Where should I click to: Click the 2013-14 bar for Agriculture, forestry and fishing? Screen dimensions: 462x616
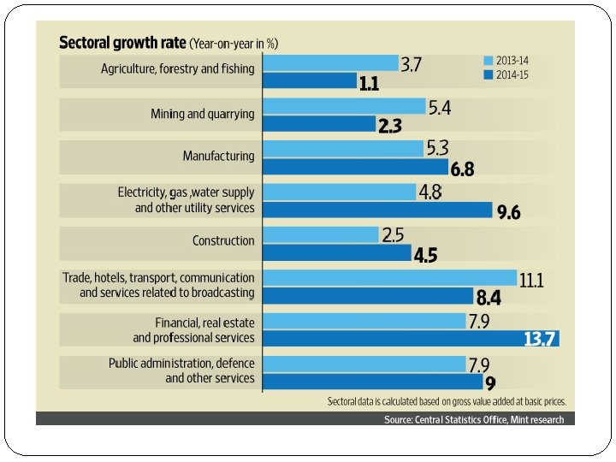tap(330, 64)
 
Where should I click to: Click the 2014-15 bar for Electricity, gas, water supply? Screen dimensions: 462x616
tap(376, 210)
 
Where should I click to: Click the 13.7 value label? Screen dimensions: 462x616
tap(541, 339)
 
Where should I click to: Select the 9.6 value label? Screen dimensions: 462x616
tap(508, 212)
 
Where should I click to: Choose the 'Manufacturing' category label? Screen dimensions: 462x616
tap(218, 157)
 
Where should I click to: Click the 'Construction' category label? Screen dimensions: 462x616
tap(223, 241)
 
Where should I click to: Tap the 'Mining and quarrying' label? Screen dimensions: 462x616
tap(202, 113)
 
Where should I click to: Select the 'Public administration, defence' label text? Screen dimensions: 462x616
tap(181, 364)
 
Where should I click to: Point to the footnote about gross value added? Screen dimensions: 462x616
tap(447, 401)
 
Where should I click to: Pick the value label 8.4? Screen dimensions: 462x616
tap(487, 297)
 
